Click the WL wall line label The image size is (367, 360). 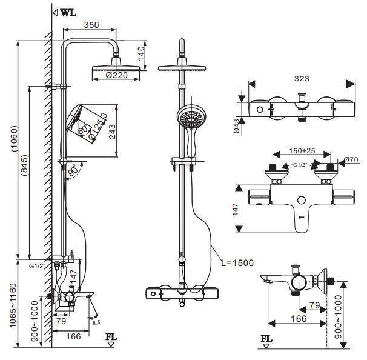click(68, 12)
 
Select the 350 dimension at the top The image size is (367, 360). click(91, 26)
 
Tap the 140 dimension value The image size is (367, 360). click(141, 55)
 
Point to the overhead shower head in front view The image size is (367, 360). click(182, 68)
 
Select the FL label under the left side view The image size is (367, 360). click(111, 337)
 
